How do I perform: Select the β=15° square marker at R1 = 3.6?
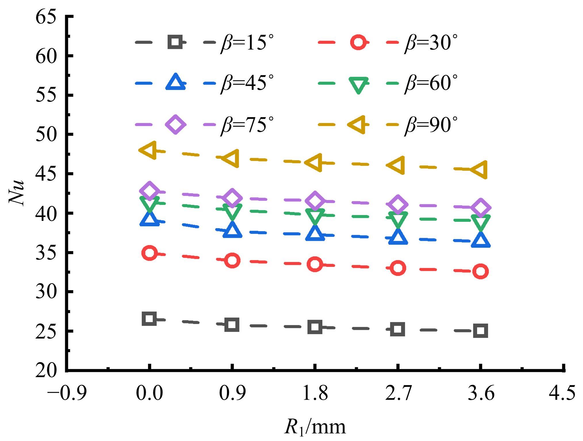click(x=481, y=331)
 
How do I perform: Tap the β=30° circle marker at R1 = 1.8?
click(x=315, y=264)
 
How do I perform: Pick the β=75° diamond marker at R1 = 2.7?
click(x=398, y=205)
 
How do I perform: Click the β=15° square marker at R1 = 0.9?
click(x=232, y=325)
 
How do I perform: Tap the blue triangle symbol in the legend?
click(x=176, y=82)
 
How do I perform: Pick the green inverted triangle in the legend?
click(x=358, y=85)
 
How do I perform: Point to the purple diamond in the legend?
click(x=176, y=124)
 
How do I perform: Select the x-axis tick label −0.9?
click(x=66, y=393)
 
